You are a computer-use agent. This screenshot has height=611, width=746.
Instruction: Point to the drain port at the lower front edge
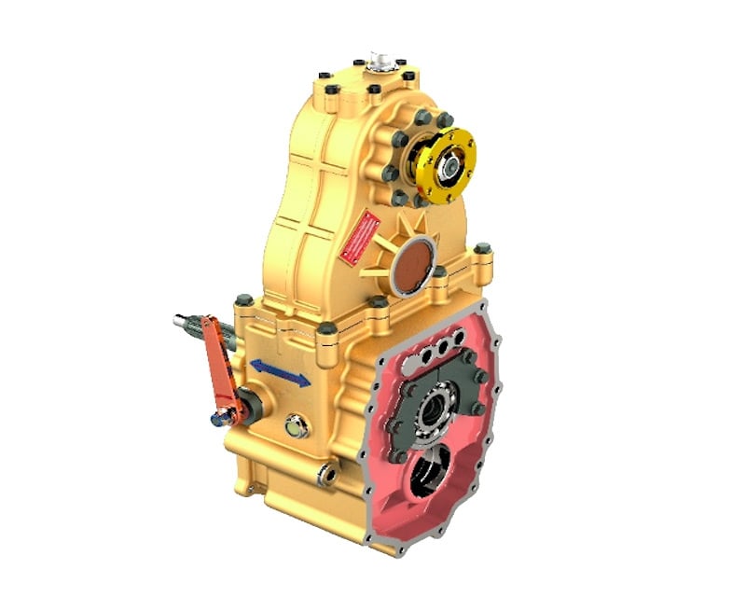coord(326,473)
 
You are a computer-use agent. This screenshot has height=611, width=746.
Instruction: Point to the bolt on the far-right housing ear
coord(482,249)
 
